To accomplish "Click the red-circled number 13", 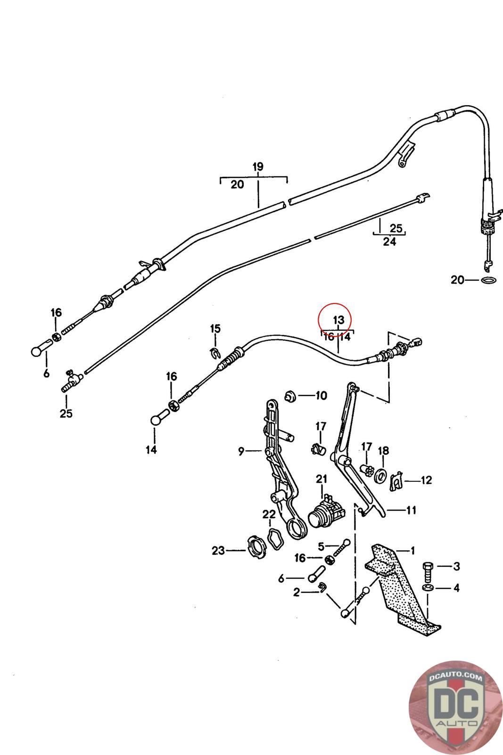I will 339,320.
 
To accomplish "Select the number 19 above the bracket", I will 257,167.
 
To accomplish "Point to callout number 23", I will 218,550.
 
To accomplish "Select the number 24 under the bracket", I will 389,242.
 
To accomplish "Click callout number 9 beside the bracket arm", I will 241,452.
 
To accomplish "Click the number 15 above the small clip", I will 215,328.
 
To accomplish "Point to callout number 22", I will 269,514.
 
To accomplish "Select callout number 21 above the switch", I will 322,479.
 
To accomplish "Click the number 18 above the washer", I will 383,451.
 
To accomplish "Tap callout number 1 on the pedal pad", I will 413,550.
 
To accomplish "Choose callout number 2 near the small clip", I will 296,592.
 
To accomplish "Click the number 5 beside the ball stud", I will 322,546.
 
